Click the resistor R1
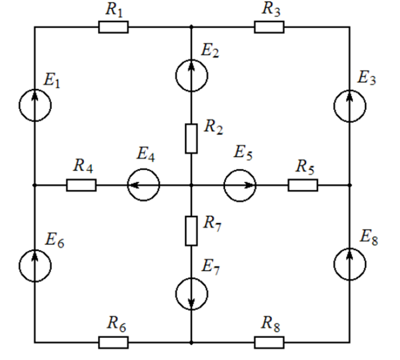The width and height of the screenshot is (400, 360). pos(113,27)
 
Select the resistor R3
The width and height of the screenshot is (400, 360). pos(269,27)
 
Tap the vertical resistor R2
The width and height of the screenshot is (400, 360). pos(191,138)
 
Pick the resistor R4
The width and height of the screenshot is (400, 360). pos(81,185)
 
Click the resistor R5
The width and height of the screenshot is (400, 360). pos(303,185)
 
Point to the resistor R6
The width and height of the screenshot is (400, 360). pos(113,342)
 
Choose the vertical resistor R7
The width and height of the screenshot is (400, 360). pos(191,231)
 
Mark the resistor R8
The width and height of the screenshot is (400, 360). pos(269,342)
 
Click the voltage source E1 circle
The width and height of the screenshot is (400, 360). pos(35,105)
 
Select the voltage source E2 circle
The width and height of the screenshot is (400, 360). pos(191,75)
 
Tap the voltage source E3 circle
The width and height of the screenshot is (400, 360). pos(350,106)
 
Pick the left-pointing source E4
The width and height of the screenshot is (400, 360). pos(144,185)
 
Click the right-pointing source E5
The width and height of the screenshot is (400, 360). pos(240,185)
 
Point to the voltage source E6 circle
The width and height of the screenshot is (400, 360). pos(35,265)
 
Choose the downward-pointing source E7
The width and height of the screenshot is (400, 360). pos(191,293)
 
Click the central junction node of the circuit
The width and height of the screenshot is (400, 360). pos(191,185)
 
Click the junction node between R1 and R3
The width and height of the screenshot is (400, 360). pos(191,27)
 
